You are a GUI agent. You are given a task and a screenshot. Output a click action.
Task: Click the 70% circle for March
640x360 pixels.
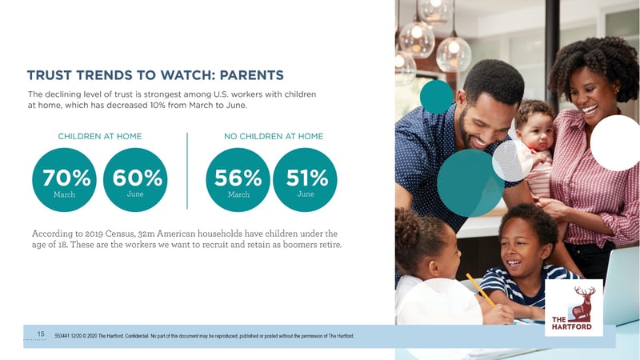64,180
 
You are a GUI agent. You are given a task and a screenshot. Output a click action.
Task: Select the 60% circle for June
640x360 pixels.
135,180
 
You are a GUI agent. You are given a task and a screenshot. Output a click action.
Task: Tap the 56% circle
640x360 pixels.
238,180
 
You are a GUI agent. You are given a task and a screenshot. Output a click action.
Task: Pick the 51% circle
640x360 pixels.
306,180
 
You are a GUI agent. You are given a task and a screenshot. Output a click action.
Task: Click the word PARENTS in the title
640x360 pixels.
251,75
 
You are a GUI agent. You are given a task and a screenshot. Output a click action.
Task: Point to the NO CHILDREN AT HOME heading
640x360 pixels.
274,136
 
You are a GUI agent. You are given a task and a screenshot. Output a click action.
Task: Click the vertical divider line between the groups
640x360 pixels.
187,170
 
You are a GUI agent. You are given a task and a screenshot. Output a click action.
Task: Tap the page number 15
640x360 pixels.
41,334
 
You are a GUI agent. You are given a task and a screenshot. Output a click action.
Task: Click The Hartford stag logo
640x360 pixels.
574,308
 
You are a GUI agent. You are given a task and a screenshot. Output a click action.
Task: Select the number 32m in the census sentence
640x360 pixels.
146,234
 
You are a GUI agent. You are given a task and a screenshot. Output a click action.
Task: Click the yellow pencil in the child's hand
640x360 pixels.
481,290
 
